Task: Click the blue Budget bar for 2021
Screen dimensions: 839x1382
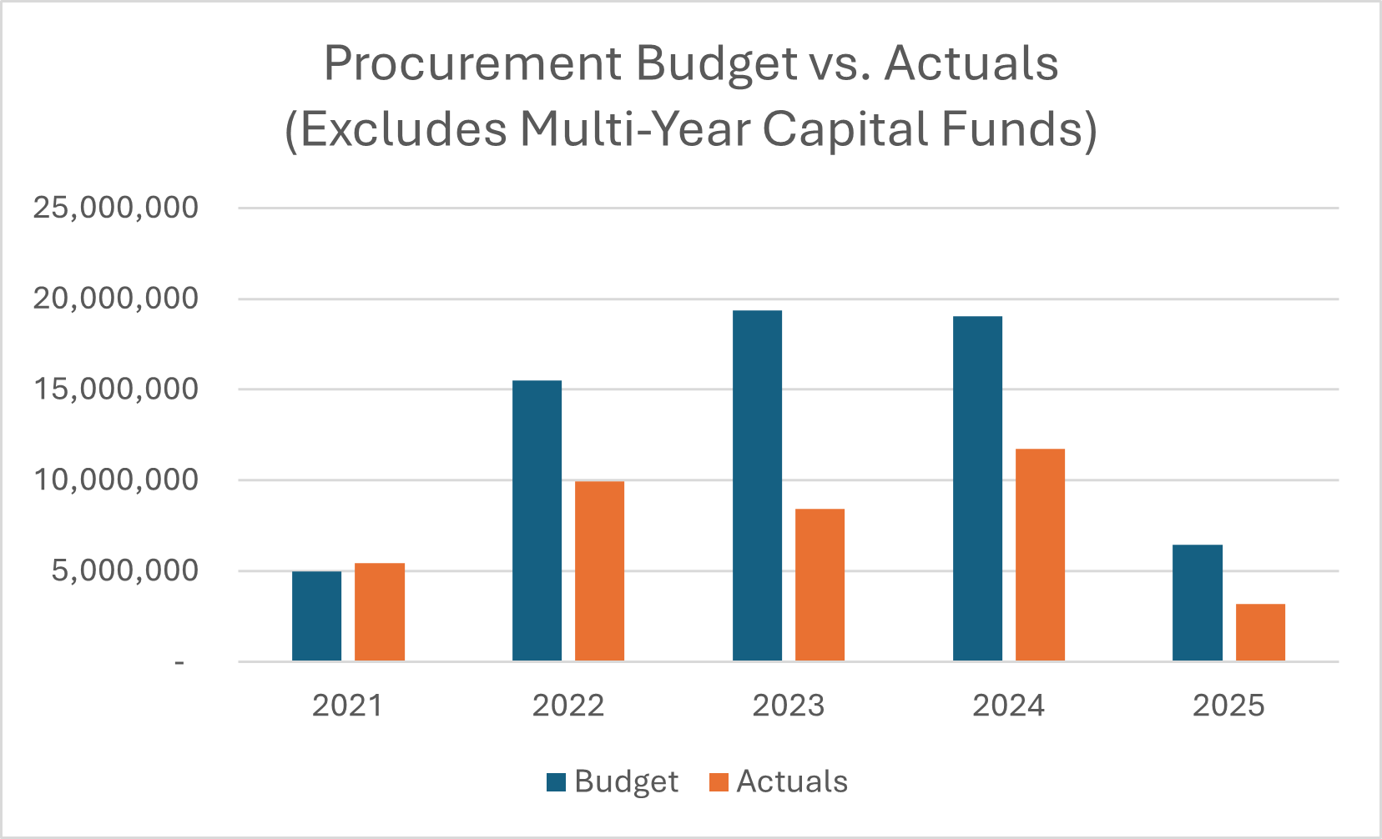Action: pyautogui.click(x=316, y=616)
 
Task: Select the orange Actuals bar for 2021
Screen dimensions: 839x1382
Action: pyautogui.click(x=379, y=612)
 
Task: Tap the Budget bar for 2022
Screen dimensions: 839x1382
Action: pyautogui.click(x=537, y=520)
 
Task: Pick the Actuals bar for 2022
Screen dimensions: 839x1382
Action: pyautogui.click(x=599, y=571)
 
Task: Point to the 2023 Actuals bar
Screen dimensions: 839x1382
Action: pyautogui.click(x=820, y=585)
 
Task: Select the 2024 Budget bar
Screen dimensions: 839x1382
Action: pyautogui.click(x=977, y=489)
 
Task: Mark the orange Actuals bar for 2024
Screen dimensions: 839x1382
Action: pyautogui.click(x=1040, y=555)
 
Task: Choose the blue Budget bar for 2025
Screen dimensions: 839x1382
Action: pyautogui.click(x=1197, y=603)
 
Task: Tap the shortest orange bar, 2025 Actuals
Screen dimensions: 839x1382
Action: pyautogui.click(x=1260, y=632)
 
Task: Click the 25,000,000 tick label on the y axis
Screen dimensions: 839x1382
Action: pyautogui.click(x=116, y=208)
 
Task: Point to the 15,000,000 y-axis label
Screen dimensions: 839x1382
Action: pyautogui.click(x=116, y=389)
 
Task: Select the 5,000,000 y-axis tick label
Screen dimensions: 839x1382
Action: pyautogui.click(x=125, y=571)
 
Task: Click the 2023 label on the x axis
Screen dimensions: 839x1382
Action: pyautogui.click(x=788, y=706)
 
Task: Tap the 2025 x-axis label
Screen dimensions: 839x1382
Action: pyautogui.click(x=1228, y=706)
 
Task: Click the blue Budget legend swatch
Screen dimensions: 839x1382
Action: pyautogui.click(x=556, y=782)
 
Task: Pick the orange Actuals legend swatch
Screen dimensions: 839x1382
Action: pyautogui.click(x=719, y=782)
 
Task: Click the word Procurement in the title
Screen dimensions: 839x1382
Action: pyautogui.click(x=472, y=64)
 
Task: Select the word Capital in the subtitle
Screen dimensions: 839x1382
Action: pyautogui.click(x=844, y=129)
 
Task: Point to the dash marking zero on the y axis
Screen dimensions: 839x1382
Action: pyautogui.click(x=179, y=663)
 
